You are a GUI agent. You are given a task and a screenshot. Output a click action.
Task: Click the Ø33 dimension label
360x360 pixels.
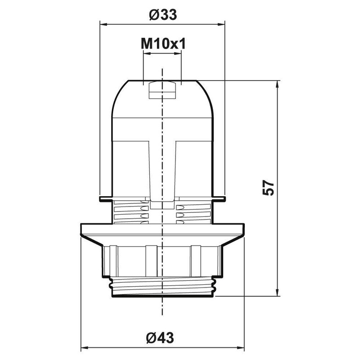click(x=162, y=15)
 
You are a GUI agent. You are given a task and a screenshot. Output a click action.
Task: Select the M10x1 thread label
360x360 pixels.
click(x=162, y=44)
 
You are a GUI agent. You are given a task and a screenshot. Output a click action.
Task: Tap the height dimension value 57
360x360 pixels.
click(x=268, y=188)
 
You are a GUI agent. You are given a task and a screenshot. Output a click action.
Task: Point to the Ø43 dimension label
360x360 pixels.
click(x=162, y=337)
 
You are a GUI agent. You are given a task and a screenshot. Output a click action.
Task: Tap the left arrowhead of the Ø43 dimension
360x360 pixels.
click(x=84, y=348)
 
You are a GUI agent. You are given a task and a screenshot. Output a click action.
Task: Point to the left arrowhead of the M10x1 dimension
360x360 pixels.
click(x=146, y=53)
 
